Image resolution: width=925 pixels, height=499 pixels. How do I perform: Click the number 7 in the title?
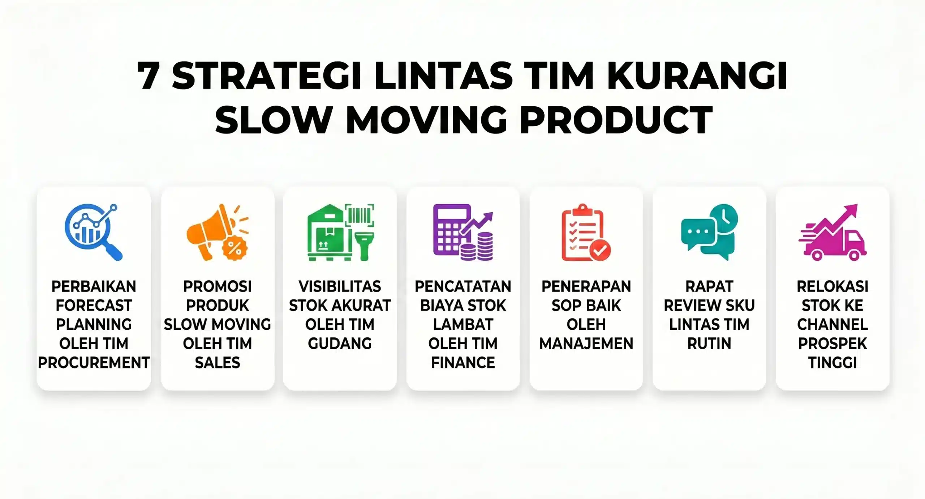coord(149,76)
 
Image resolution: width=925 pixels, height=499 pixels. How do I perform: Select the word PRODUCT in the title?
coord(616,120)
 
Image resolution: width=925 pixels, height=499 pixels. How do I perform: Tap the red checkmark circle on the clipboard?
coord(600,250)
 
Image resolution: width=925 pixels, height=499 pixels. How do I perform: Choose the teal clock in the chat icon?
coord(724,218)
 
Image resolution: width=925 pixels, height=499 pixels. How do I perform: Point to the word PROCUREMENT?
coord(94,363)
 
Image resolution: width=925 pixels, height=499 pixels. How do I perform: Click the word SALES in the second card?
coord(217,363)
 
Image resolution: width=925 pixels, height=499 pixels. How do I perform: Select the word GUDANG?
coord(340,344)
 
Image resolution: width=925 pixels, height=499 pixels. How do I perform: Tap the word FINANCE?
coord(463,363)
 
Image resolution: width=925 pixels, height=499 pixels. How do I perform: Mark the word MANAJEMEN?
coord(586,344)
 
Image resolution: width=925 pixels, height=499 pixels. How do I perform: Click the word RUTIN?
coord(709,344)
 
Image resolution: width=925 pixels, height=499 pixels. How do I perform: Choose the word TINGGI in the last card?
coord(832,363)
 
